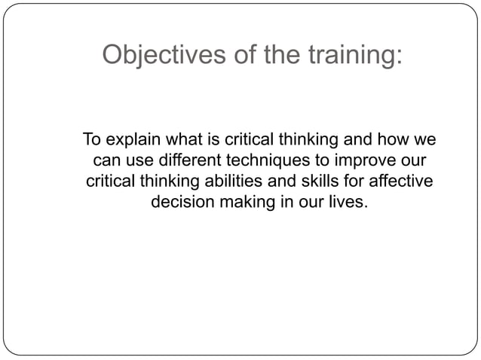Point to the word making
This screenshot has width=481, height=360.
244,203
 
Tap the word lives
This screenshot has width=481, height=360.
351,203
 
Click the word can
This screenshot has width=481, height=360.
106,160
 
